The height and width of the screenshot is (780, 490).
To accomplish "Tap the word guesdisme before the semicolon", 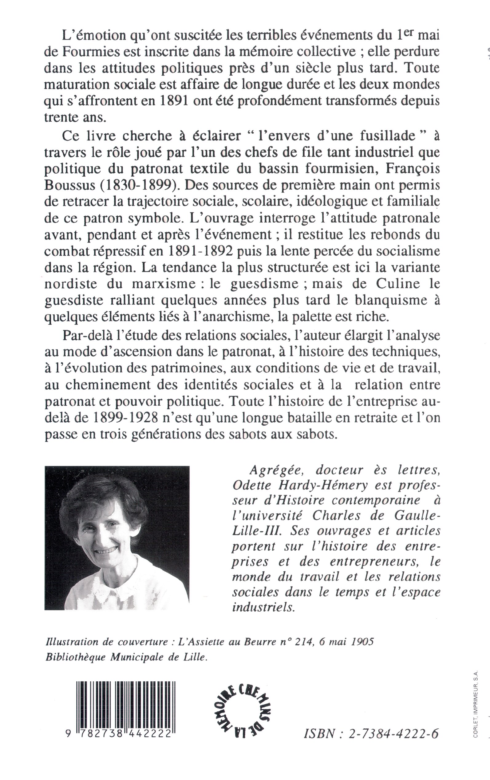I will click(x=264, y=284).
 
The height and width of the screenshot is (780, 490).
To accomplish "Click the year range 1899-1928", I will click(x=125, y=418).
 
